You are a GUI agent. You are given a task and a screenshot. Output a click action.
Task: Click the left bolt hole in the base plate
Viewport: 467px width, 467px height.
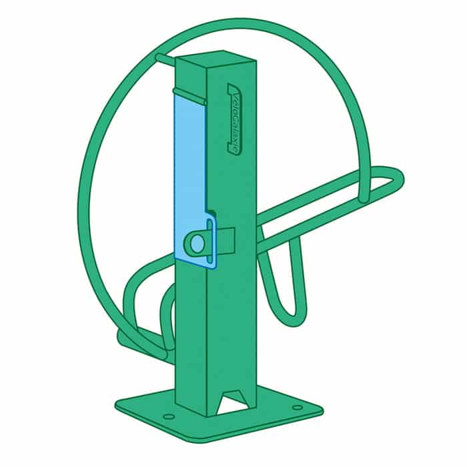(169, 416)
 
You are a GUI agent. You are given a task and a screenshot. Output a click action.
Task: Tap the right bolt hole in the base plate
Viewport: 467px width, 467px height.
(298, 408)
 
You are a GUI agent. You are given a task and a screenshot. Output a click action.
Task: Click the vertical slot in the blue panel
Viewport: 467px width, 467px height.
(211, 242)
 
